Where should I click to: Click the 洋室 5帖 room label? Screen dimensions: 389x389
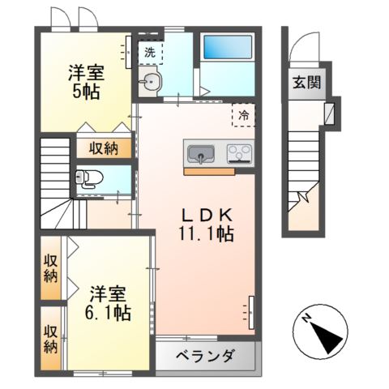click(x=83, y=81)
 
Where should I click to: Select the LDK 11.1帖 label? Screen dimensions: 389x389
click(x=207, y=224)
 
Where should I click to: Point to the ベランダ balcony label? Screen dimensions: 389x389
click(x=206, y=355)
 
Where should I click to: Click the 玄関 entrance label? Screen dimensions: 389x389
click(x=306, y=81)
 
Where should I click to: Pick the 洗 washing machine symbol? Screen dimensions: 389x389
click(x=149, y=52)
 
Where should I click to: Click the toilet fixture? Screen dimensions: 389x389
click(x=88, y=179)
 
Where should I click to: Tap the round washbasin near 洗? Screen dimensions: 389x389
click(x=150, y=80)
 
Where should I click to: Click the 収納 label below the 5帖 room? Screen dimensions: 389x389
click(x=104, y=148)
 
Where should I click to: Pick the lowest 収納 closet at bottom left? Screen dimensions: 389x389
click(x=50, y=338)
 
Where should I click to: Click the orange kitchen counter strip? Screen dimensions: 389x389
click(x=209, y=171)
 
